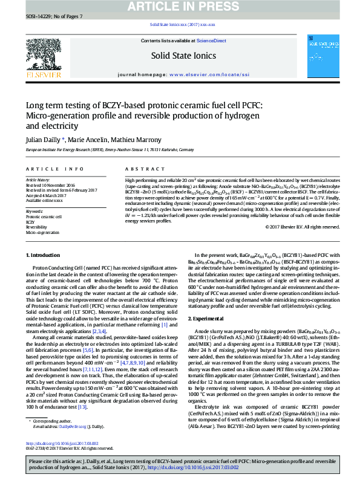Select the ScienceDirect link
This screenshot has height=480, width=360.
(x=211, y=41)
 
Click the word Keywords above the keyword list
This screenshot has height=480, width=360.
(x=34, y=211)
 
